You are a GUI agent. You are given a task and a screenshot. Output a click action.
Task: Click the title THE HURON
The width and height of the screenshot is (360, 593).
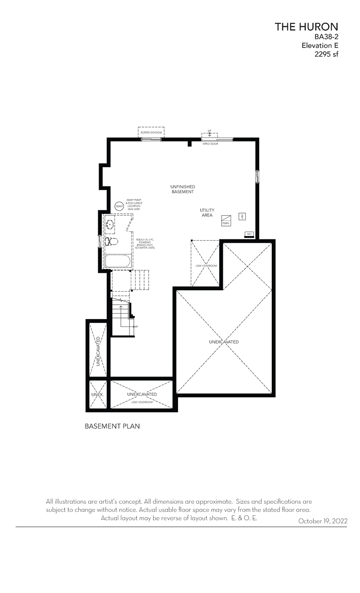(306, 27)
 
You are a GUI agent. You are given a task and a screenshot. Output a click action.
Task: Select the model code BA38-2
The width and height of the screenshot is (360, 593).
(326, 37)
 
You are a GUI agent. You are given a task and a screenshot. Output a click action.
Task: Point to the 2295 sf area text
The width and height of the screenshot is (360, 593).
(326, 54)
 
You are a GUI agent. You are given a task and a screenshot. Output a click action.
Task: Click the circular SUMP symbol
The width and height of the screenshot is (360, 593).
(119, 206)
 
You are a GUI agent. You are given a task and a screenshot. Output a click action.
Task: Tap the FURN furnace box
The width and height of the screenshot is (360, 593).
(226, 221)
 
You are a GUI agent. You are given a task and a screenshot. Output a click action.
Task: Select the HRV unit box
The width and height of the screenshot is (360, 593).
(242, 216)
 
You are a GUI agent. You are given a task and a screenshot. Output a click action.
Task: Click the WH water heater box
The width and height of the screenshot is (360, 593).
(249, 234)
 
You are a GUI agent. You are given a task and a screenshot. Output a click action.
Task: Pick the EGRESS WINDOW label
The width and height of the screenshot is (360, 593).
(151, 132)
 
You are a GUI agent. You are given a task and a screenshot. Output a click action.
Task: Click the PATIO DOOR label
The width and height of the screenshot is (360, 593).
(210, 144)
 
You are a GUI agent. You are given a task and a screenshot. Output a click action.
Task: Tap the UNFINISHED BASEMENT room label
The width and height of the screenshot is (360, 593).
(182, 189)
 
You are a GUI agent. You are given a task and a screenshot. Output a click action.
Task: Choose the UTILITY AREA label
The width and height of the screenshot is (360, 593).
(207, 213)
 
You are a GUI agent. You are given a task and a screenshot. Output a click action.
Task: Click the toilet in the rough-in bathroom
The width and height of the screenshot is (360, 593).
(111, 241)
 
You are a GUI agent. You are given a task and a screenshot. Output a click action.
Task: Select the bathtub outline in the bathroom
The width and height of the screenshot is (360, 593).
(118, 261)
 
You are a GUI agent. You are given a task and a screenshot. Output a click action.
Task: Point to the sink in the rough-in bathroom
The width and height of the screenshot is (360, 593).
(110, 225)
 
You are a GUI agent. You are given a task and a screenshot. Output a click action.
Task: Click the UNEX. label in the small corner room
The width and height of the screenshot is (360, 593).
(98, 395)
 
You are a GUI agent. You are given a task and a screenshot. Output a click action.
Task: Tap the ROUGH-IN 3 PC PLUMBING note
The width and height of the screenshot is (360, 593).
(145, 244)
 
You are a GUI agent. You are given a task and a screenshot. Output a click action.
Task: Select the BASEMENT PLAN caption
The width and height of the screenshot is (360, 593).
(112, 426)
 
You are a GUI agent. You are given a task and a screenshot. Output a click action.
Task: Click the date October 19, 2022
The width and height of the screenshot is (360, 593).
(323, 521)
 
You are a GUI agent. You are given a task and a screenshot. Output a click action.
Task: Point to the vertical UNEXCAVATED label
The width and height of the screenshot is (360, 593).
(98, 351)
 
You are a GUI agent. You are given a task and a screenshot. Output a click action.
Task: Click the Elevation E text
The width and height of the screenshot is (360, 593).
(320, 46)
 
